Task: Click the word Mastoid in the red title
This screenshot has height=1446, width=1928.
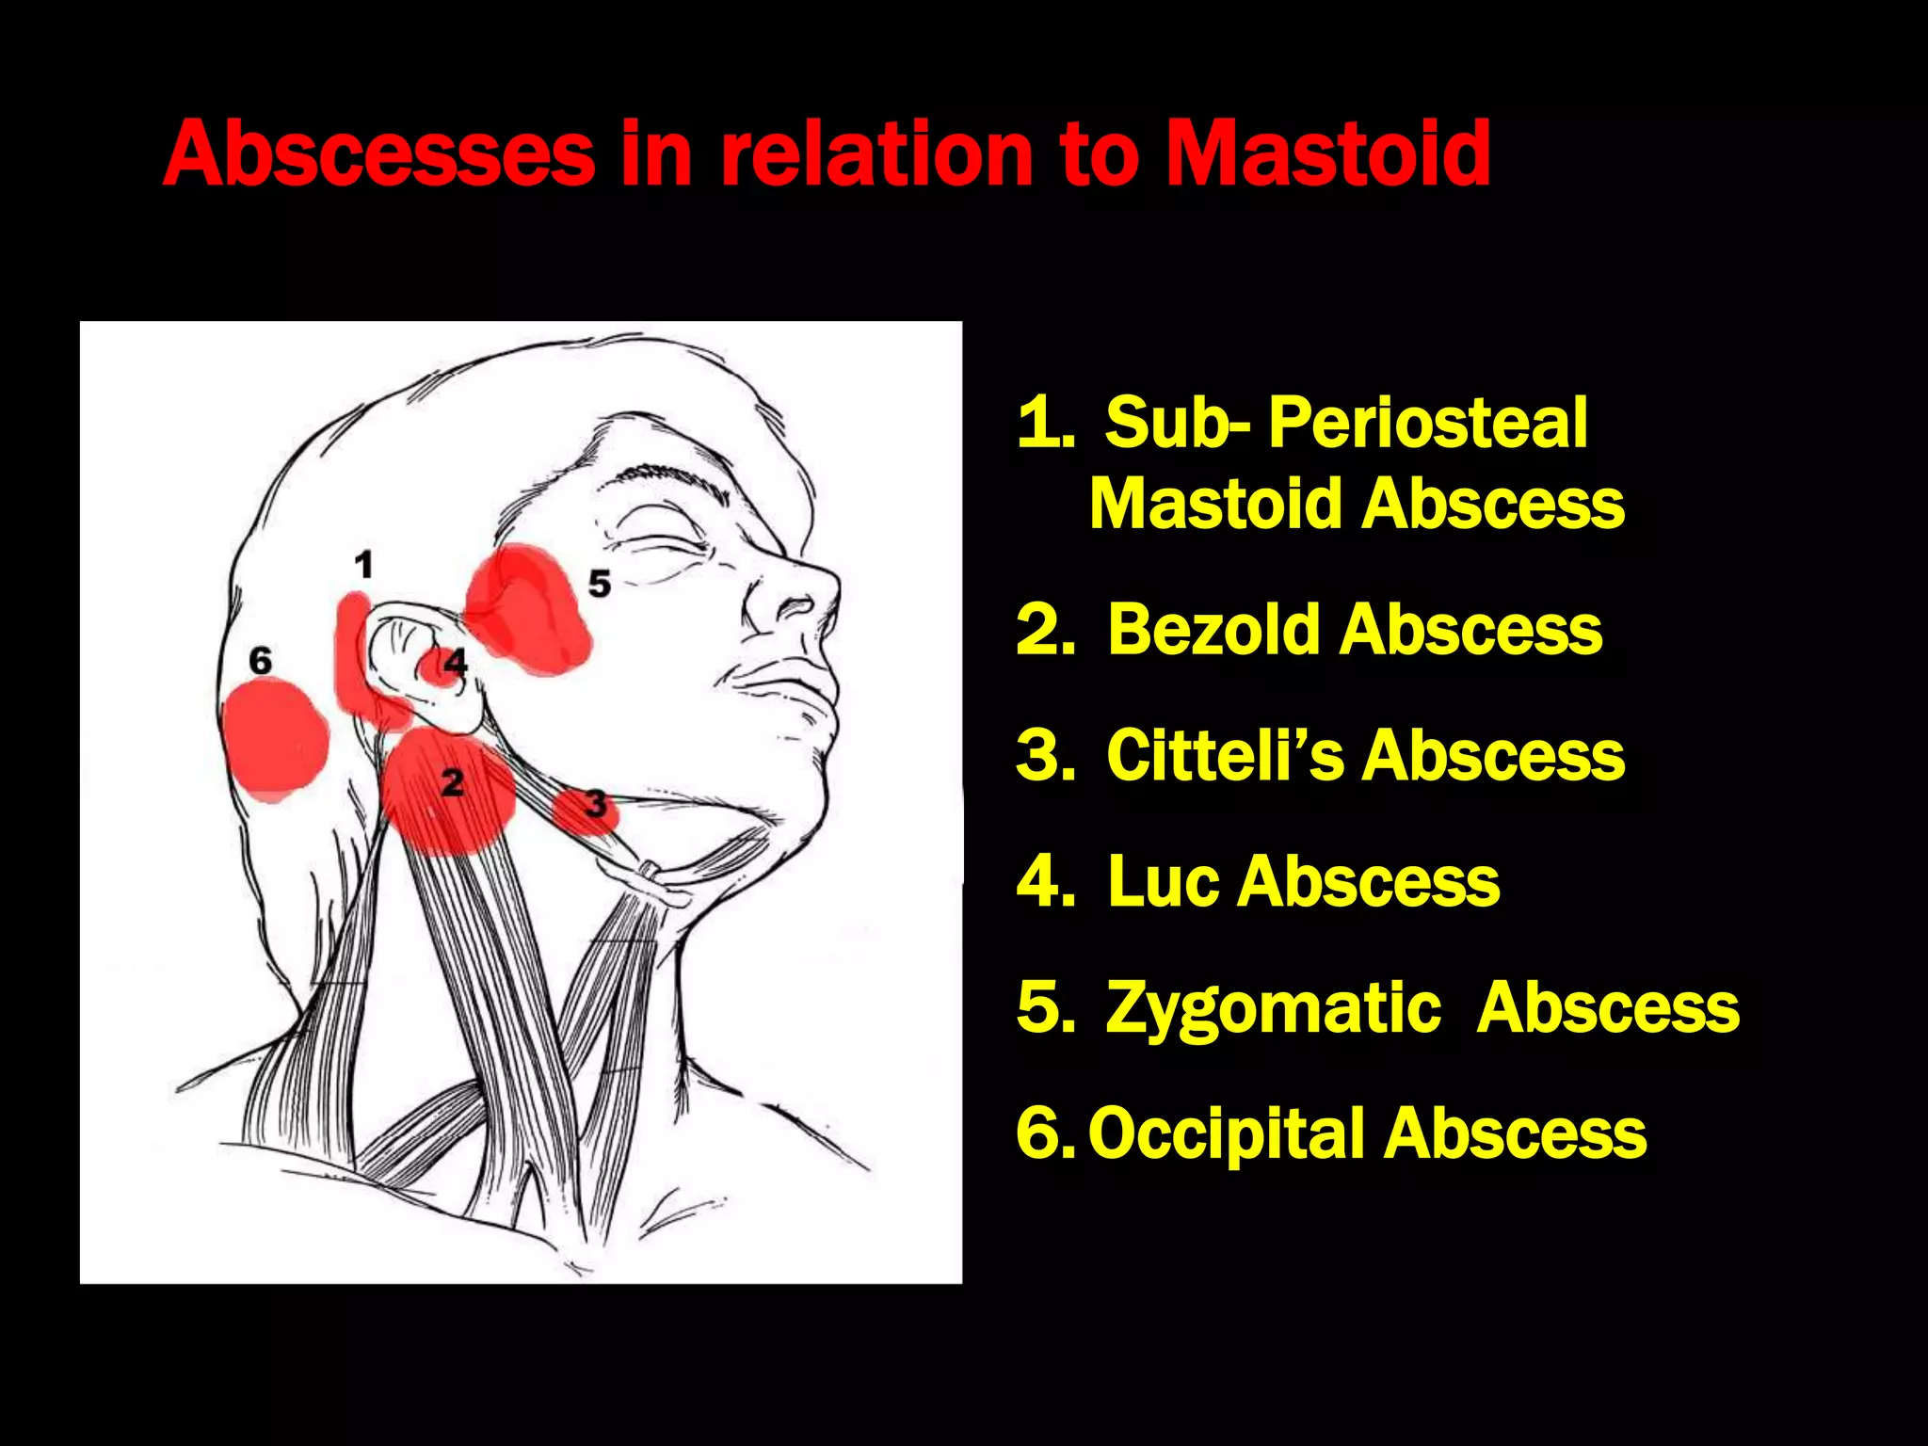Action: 1327,153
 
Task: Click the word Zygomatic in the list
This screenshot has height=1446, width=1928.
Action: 1273,1007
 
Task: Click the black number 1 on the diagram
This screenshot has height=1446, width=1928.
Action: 363,565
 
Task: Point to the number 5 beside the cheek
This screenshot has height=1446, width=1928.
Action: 600,584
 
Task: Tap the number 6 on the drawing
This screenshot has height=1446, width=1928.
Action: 260,661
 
